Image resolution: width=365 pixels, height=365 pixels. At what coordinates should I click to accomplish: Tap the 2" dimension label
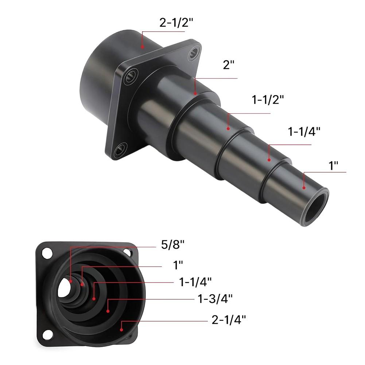[228, 67]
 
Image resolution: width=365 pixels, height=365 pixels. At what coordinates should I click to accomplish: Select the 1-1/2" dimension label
[268, 100]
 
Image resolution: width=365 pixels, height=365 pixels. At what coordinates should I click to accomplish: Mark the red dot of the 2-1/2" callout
[143, 47]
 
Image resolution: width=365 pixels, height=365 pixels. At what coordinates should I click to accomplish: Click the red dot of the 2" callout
[195, 93]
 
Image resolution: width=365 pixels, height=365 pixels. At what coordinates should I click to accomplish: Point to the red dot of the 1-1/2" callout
[228, 128]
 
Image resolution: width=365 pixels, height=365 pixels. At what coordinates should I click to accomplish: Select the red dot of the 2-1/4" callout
[121, 329]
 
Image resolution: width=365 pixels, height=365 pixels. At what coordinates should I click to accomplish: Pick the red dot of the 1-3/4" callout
[108, 311]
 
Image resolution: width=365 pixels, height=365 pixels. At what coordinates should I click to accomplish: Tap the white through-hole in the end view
[64, 288]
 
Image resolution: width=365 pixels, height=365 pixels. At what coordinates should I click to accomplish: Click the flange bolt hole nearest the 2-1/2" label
[194, 54]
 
